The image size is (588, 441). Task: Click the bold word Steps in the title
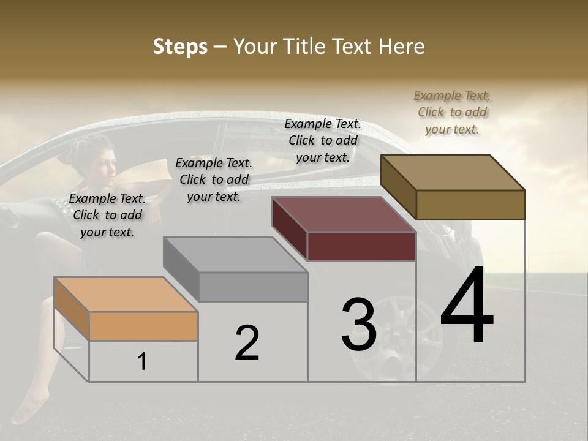[180, 47]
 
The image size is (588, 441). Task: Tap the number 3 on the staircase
[359, 325]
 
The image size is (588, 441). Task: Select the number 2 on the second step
[247, 343]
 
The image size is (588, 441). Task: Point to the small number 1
[142, 362]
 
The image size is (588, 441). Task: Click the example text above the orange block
[107, 215]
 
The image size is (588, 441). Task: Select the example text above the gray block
[214, 179]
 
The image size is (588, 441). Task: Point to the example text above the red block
[323, 140]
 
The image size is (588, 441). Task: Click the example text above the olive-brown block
[452, 112]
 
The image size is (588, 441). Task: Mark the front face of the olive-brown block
[470, 205]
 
